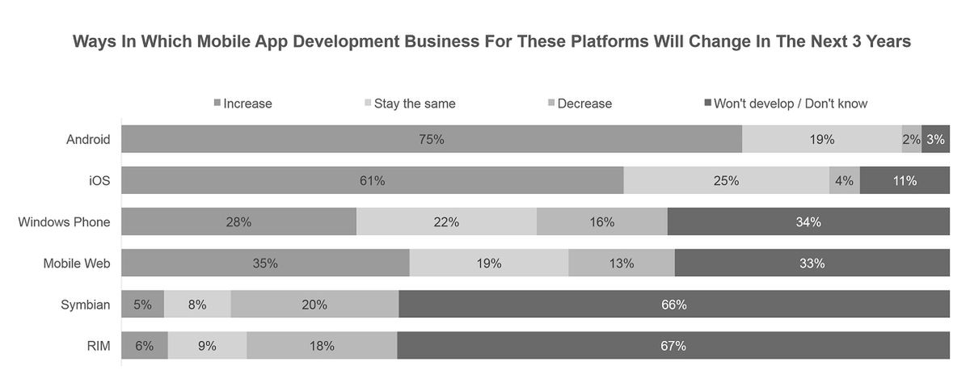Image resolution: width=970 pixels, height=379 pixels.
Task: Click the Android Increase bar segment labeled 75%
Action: (432, 139)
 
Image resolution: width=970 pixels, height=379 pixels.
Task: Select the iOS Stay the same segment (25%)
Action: (726, 181)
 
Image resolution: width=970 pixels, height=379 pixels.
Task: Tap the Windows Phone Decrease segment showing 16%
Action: (601, 222)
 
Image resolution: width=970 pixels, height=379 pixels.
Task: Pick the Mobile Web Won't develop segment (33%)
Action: (812, 263)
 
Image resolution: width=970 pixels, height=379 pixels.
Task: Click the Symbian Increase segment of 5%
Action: (142, 305)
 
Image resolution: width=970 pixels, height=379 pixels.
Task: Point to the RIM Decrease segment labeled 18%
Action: (322, 346)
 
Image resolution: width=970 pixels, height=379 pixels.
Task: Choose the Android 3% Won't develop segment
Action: (935, 139)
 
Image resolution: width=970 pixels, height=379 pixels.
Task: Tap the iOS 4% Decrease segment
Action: (844, 181)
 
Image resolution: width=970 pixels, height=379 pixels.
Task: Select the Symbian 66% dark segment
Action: (673, 305)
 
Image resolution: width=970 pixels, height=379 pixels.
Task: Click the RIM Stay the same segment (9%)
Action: (207, 346)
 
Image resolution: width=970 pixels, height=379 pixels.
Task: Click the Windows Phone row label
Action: (64, 222)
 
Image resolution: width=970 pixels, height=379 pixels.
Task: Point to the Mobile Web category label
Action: (76, 263)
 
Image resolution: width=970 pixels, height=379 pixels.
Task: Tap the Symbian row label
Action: (86, 305)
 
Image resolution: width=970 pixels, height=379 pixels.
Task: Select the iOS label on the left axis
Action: (99, 181)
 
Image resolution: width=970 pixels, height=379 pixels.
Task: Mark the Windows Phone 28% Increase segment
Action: (238, 222)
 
